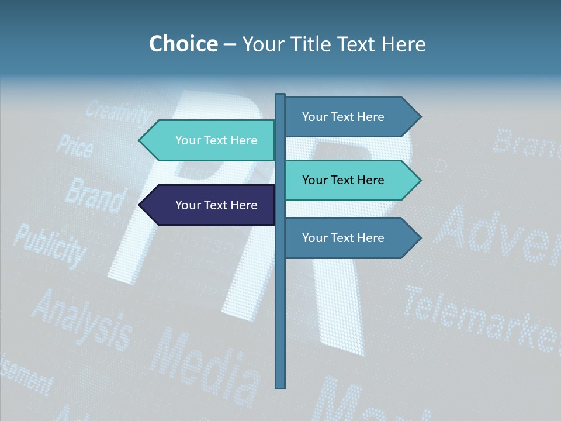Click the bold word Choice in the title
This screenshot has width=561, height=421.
(183, 44)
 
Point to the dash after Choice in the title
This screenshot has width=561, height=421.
(230, 45)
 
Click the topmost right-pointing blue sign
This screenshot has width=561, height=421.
(351, 117)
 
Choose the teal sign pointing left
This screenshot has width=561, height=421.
(210, 140)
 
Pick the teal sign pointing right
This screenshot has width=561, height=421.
(351, 180)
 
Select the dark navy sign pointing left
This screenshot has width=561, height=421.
(210, 205)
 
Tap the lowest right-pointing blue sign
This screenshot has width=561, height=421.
(351, 238)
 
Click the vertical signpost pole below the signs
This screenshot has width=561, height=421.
(280, 327)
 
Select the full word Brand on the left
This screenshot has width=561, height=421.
(95, 195)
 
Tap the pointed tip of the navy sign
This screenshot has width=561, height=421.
(140, 205)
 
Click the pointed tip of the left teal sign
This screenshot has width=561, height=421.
(140, 140)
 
